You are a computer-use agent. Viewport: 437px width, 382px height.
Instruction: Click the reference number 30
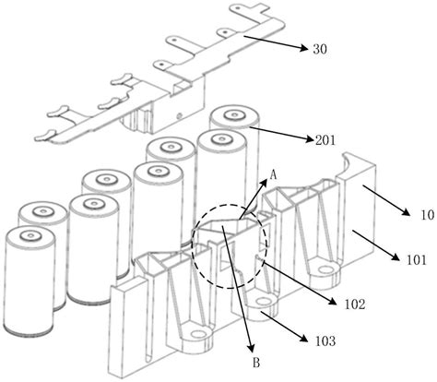(320, 49)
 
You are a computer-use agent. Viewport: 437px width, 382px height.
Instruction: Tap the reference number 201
(325, 140)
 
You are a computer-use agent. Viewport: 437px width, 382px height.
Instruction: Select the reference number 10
(427, 215)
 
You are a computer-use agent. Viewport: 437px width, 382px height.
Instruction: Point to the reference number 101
(417, 260)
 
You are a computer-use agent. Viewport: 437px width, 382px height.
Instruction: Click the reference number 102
(355, 304)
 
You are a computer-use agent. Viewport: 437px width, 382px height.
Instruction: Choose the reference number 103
(325, 341)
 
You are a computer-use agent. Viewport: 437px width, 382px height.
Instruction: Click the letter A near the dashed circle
(273, 175)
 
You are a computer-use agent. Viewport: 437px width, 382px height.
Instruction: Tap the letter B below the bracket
(256, 363)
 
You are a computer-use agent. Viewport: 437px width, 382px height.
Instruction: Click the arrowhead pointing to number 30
(303, 48)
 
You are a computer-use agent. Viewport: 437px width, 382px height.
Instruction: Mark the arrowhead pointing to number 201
(311, 139)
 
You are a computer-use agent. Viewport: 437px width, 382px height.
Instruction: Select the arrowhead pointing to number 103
(303, 339)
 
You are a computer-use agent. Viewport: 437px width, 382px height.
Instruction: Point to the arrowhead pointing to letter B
(252, 348)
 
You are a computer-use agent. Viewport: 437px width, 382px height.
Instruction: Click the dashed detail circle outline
(192, 246)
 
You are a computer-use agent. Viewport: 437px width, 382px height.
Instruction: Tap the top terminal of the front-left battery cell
(30, 236)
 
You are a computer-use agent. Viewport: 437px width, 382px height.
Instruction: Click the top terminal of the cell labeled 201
(234, 115)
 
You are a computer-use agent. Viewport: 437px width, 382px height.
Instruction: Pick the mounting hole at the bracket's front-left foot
(199, 334)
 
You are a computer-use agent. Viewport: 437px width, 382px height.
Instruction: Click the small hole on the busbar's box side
(180, 116)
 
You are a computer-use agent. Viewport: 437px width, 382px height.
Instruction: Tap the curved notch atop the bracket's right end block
(348, 162)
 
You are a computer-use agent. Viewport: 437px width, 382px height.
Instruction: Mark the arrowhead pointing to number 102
(333, 302)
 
